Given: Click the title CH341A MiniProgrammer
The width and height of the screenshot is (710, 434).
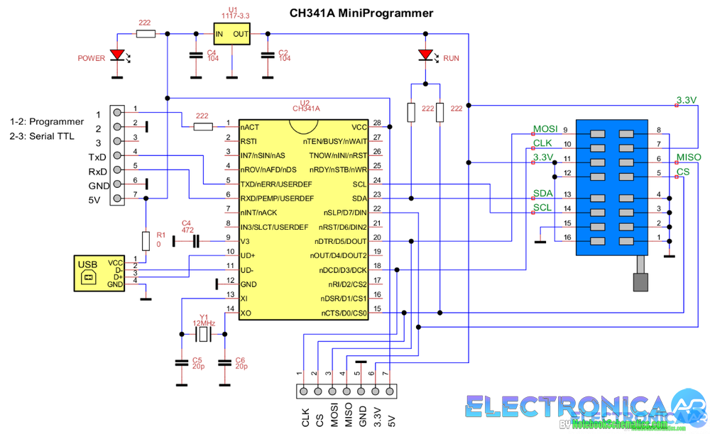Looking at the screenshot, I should click(361, 13).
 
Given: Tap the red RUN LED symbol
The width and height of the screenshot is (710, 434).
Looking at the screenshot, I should click(425, 55).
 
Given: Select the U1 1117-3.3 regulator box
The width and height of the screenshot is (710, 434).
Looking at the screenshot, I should click(231, 33).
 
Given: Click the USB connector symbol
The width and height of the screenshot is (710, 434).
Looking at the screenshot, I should click(89, 273).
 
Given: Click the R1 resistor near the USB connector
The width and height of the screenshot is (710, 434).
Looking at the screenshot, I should click(146, 241).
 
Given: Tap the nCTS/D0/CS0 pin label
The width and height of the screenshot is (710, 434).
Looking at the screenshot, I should click(344, 313).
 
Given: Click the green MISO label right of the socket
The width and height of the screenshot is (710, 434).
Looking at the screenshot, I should click(689, 157).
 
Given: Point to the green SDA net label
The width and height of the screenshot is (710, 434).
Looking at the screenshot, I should click(542, 194).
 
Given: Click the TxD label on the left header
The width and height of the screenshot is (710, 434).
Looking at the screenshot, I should click(97, 157).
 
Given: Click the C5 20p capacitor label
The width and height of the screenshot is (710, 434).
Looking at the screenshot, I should click(197, 364).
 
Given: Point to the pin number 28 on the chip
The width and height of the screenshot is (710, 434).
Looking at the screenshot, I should click(377, 123).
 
